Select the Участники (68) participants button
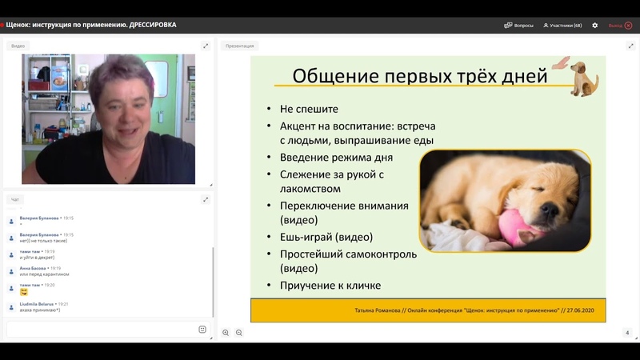click(x=562, y=25)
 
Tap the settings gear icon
click(x=594, y=25)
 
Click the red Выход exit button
click(x=620, y=25)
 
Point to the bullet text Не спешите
click(x=309, y=109)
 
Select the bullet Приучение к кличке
click(x=330, y=286)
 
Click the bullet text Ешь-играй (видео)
click(x=326, y=238)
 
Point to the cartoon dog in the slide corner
click(x=583, y=78)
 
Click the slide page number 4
click(x=627, y=333)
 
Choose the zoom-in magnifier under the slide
click(x=226, y=333)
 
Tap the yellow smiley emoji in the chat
click(x=24, y=292)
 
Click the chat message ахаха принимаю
click(x=40, y=310)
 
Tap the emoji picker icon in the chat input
click(x=202, y=329)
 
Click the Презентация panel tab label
click(x=239, y=46)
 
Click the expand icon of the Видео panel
click(x=206, y=46)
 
